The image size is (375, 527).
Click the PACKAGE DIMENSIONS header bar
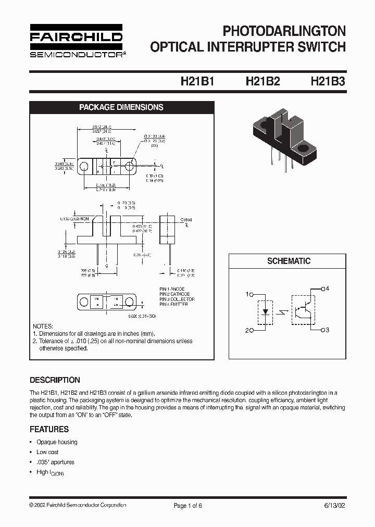tap(121, 107)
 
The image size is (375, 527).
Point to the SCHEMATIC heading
tap(289, 261)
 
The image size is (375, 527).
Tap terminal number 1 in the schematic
tap(247, 294)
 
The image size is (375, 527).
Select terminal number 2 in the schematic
tap(247, 330)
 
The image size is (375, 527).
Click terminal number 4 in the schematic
tap(328, 288)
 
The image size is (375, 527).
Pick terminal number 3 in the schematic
tap(328, 330)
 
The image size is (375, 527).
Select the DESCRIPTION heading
tap(55, 380)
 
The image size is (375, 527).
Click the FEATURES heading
tap(49, 430)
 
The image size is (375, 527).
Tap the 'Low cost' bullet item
tap(47, 452)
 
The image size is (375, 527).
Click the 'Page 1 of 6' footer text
tap(187, 506)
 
